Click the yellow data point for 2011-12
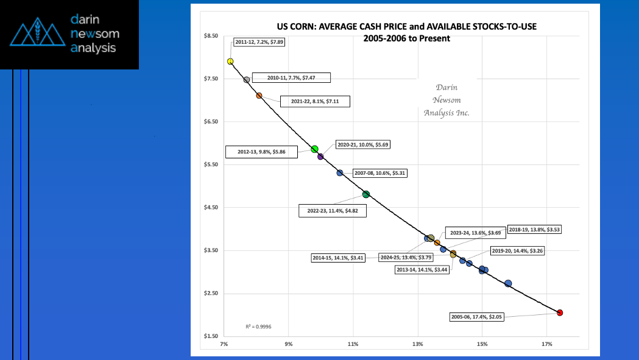[x=230, y=62]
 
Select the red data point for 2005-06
[x=560, y=312]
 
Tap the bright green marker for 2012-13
[x=315, y=149]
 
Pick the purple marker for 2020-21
[x=320, y=157]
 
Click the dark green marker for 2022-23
[x=366, y=194]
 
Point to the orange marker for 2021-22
[x=259, y=96]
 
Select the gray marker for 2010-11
[x=247, y=80]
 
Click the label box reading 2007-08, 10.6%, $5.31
[x=380, y=173]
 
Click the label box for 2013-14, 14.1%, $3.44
[x=422, y=269]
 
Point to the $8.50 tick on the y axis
[x=210, y=37]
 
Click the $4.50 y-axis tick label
[x=210, y=208]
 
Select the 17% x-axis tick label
[x=546, y=344]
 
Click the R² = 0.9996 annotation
[x=258, y=326]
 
